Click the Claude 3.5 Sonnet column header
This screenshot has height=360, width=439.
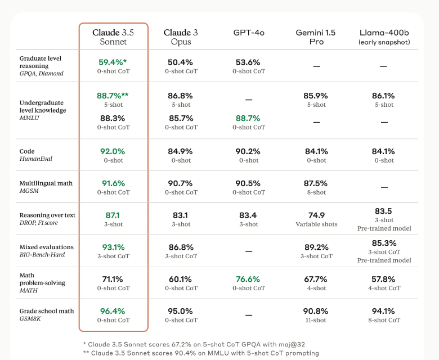pyautogui.click(x=113, y=37)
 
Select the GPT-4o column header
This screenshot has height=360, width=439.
pyautogui.click(x=249, y=33)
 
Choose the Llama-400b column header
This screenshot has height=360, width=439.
pyautogui.click(x=384, y=37)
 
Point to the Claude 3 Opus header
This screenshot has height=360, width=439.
pyautogui.click(x=181, y=37)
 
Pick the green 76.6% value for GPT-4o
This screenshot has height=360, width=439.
pyautogui.click(x=248, y=279)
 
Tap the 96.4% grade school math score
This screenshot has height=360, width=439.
pyautogui.click(x=113, y=311)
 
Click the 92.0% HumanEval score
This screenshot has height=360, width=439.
pyautogui.click(x=113, y=151)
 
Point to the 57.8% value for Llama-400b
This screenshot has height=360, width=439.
pyautogui.click(x=384, y=279)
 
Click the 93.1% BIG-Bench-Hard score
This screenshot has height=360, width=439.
pyautogui.click(x=113, y=247)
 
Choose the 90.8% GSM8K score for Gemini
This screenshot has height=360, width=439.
pyautogui.click(x=316, y=311)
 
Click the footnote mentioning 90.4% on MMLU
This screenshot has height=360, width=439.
pyautogui.click(x=200, y=353)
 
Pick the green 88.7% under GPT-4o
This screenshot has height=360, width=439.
pyautogui.click(x=248, y=118)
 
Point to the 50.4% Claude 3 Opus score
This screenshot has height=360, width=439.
pyautogui.click(x=181, y=62)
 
